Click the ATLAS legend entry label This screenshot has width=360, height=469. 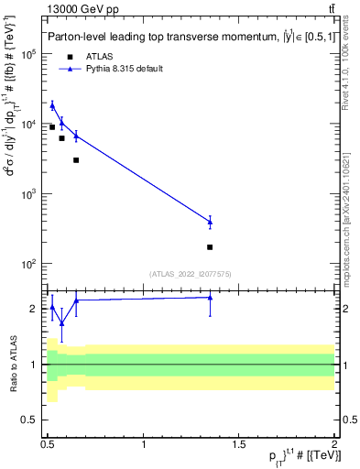click(99, 57)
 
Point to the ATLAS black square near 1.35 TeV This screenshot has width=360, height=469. click(210, 247)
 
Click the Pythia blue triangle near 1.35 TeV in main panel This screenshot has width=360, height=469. click(210, 222)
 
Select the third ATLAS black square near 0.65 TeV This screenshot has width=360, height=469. click(76, 160)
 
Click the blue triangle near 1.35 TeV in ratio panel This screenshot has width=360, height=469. click(210, 297)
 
